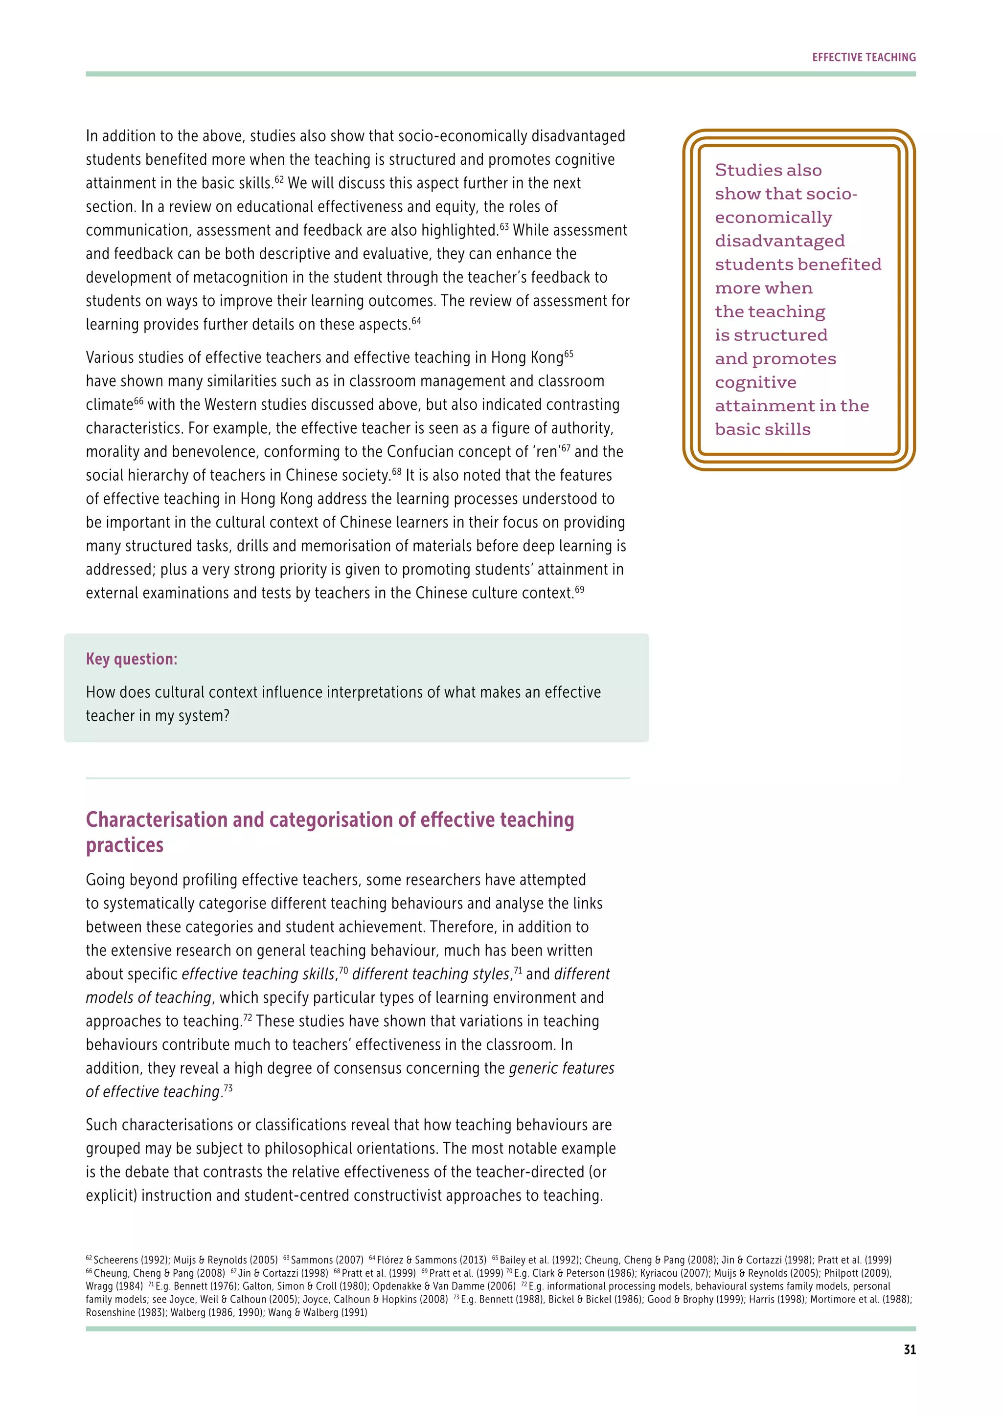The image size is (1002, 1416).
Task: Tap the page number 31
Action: [909, 1350]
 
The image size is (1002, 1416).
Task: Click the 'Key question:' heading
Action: [132, 659]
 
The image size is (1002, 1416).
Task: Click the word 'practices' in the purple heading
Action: [125, 845]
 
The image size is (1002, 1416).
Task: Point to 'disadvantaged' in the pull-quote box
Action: [779, 241]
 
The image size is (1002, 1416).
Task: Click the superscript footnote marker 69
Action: [579, 589]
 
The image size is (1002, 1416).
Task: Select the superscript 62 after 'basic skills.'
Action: [279, 179]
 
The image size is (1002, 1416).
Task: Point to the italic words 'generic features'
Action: [562, 1068]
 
